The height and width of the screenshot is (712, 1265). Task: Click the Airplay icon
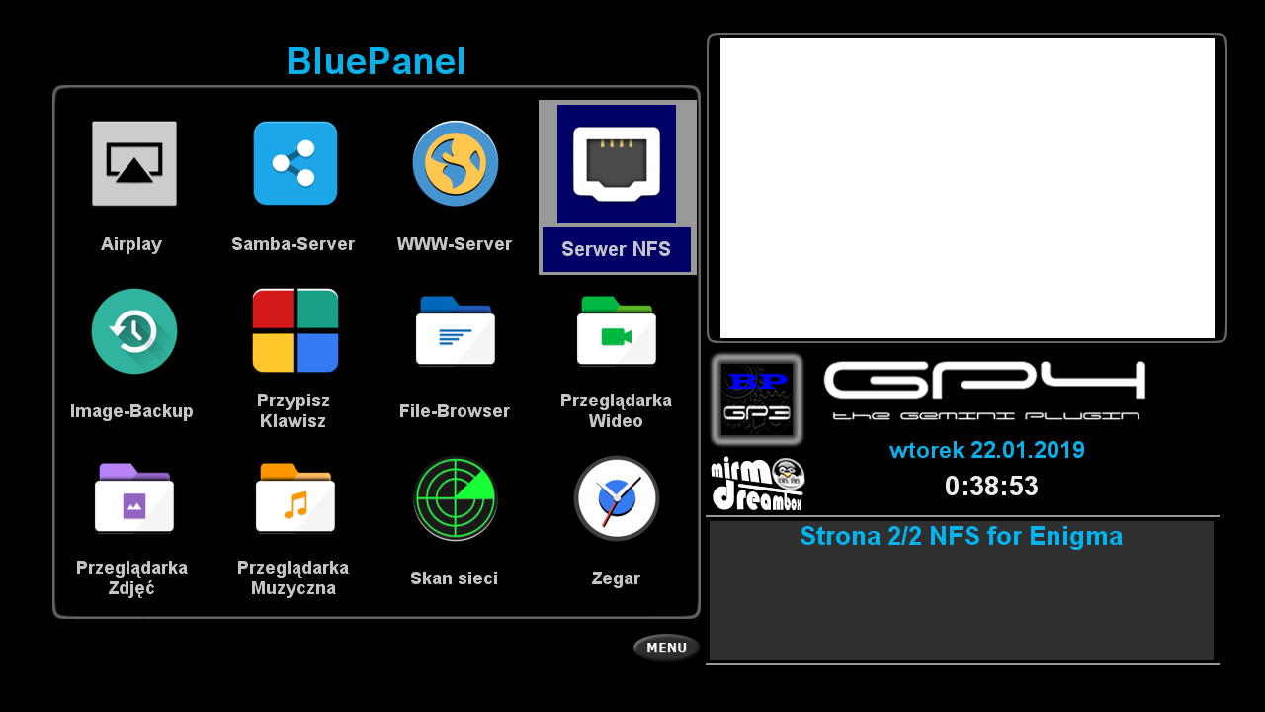134,163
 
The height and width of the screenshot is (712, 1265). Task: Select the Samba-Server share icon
295,163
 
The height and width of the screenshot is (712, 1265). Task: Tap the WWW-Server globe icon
456,163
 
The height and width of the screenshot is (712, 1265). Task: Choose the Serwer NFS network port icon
617,164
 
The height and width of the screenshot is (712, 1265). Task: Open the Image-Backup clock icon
134,331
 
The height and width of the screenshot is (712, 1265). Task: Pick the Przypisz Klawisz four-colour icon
295,330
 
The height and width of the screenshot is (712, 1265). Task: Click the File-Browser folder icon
456,330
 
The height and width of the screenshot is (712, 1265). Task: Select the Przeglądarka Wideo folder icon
617,330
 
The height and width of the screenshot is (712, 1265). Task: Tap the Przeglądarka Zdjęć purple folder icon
134,497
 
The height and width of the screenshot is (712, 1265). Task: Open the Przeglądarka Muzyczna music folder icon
295,497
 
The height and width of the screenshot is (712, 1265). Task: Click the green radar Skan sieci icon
456,498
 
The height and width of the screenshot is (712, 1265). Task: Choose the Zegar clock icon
617,498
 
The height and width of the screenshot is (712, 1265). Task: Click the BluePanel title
377,61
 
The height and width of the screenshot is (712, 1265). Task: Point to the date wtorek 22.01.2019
987,450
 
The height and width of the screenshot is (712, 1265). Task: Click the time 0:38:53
991,486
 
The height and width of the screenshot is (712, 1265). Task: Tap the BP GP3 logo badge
757,399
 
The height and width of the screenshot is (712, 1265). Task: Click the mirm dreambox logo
758,485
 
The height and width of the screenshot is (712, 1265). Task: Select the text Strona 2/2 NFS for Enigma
962,536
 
